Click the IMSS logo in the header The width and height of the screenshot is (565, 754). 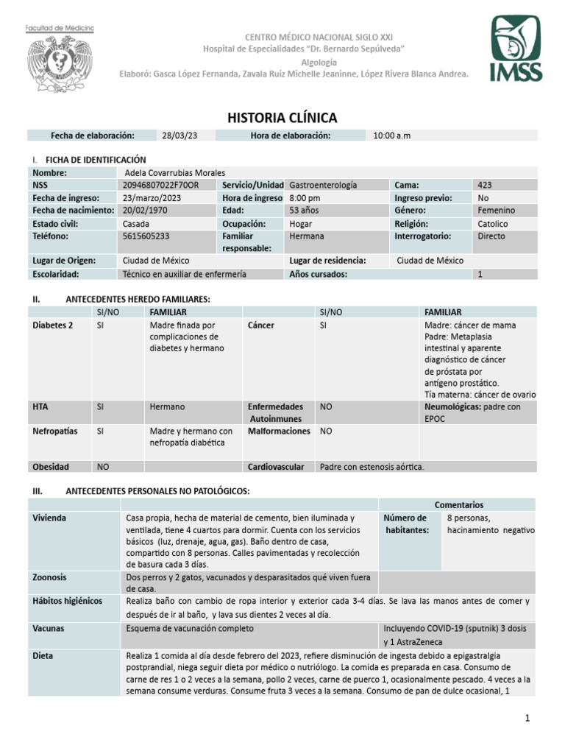point(516,50)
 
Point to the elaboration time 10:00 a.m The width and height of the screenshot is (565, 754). point(394,135)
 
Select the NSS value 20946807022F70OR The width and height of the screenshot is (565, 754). point(160,185)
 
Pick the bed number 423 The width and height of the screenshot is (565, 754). point(486,185)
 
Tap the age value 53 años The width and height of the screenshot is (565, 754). point(305,210)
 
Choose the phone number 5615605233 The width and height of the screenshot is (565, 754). point(146,236)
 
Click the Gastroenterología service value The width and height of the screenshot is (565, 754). point(323,185)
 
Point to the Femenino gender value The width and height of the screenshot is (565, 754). point(497,210)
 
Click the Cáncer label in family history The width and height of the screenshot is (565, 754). point(261,325)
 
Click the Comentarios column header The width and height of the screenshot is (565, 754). point(458,504)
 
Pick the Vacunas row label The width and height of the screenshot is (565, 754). point(48,629)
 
